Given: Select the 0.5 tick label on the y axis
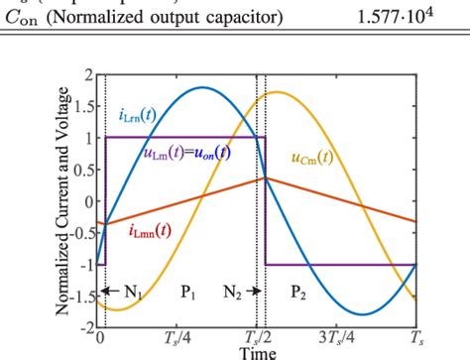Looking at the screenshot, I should [83, 170].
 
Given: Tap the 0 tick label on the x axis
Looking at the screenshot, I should [100, 336].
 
